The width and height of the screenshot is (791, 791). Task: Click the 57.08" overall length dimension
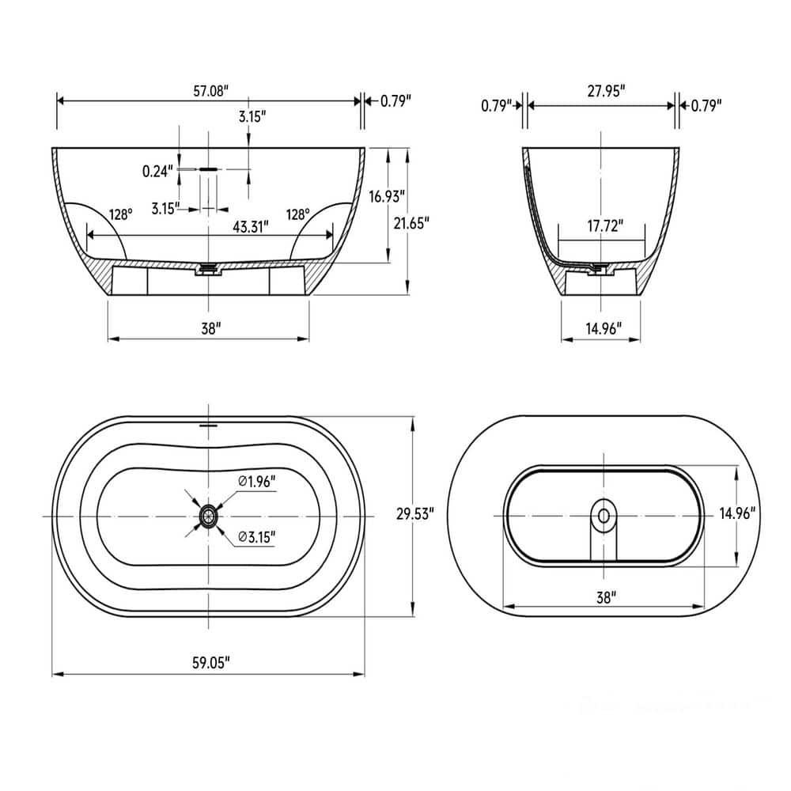(210, 91)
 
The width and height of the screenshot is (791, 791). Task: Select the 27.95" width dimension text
(606, 91)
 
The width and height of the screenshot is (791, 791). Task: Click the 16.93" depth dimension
(411, 196)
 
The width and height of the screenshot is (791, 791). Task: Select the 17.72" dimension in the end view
(605, 226)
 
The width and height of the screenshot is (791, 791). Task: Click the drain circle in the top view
(208, 516)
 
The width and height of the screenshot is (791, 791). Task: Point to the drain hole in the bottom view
(604, 516)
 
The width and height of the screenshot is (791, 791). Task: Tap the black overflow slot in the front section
(208, 169)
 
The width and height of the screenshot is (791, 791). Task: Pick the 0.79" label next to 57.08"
(395, 101)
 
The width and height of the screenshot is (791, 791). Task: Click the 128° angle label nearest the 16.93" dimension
(298, 214)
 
